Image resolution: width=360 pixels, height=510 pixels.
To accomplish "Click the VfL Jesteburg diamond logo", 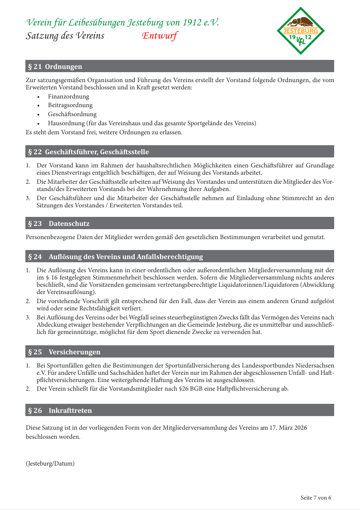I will click(x=301, y=31).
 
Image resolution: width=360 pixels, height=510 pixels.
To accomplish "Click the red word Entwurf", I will click(x=160, y=36).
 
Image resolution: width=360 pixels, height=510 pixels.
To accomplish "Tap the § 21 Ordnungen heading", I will click(x=55, y=67).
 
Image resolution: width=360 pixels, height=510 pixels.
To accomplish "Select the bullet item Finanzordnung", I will click(x=68, y=97).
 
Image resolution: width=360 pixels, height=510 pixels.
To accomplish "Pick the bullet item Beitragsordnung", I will click(x=70, y=105).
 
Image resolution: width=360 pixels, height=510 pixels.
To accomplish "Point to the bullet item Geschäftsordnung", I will click(x=72, y=114).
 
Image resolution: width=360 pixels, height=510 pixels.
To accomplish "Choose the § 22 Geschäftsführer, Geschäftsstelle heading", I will click(x=88, y=152).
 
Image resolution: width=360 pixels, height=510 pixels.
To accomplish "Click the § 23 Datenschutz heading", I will click(x=59, y=224).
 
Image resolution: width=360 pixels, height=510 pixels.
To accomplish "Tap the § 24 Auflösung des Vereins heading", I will click(x=115, y=257).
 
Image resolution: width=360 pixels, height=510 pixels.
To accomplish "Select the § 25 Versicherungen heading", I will click(x=64, y=352).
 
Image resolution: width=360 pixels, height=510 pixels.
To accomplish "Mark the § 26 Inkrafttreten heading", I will click(x=60, y=411).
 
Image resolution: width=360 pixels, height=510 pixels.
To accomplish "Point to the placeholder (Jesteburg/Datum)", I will click(x=50, y=464).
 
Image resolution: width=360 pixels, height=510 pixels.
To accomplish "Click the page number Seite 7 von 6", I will click(x=316, y=498).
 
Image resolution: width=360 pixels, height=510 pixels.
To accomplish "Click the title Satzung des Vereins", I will click(x=65, y=36).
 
